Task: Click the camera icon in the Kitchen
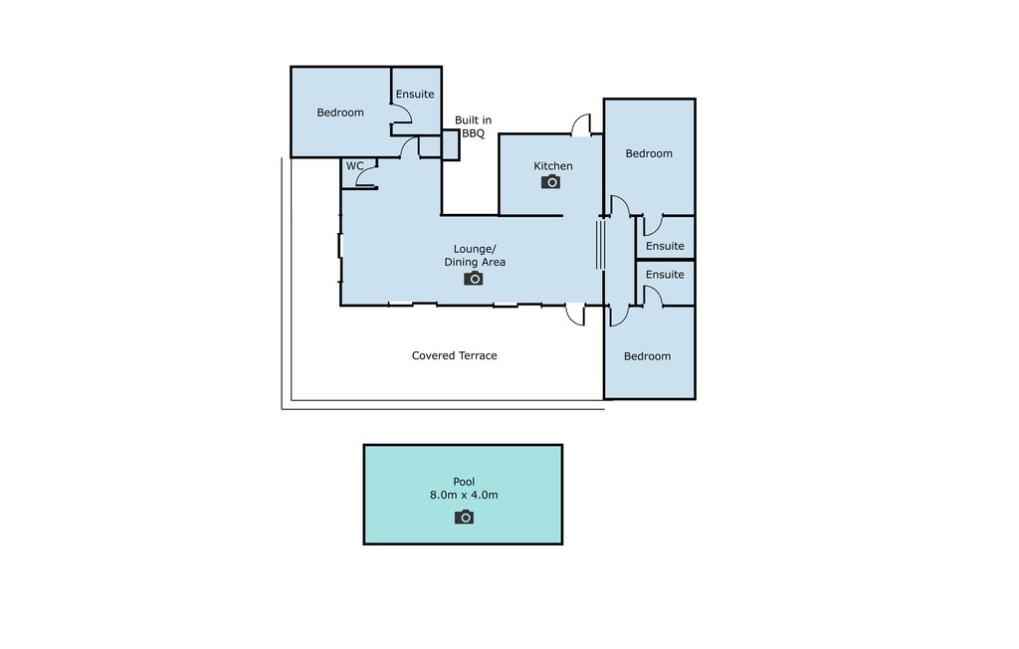tap(550, 182)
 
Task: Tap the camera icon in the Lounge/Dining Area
tap(473, 279)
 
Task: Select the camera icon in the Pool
tap(464, 517)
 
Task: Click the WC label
tap(355, 166)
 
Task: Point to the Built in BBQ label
tap(473, 126)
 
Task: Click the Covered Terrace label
tap(454, 355)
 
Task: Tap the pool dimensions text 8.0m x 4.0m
tap(464, 495)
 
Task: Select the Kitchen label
tap(553, 166)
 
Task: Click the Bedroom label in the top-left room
tap(340, 112)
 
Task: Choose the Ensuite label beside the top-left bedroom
tap(415, 94)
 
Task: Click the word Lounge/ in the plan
tap(475, 249)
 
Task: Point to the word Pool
tap(464, 482)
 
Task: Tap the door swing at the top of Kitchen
tap(581, 124)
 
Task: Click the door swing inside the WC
tap(366, 175)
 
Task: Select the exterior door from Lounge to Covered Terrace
tap(574, 315)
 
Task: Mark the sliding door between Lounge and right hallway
tap(600, 245)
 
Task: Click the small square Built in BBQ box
tap(451, 145)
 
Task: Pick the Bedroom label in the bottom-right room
tap(647, 355)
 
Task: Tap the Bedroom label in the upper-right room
tap(649, 153)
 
